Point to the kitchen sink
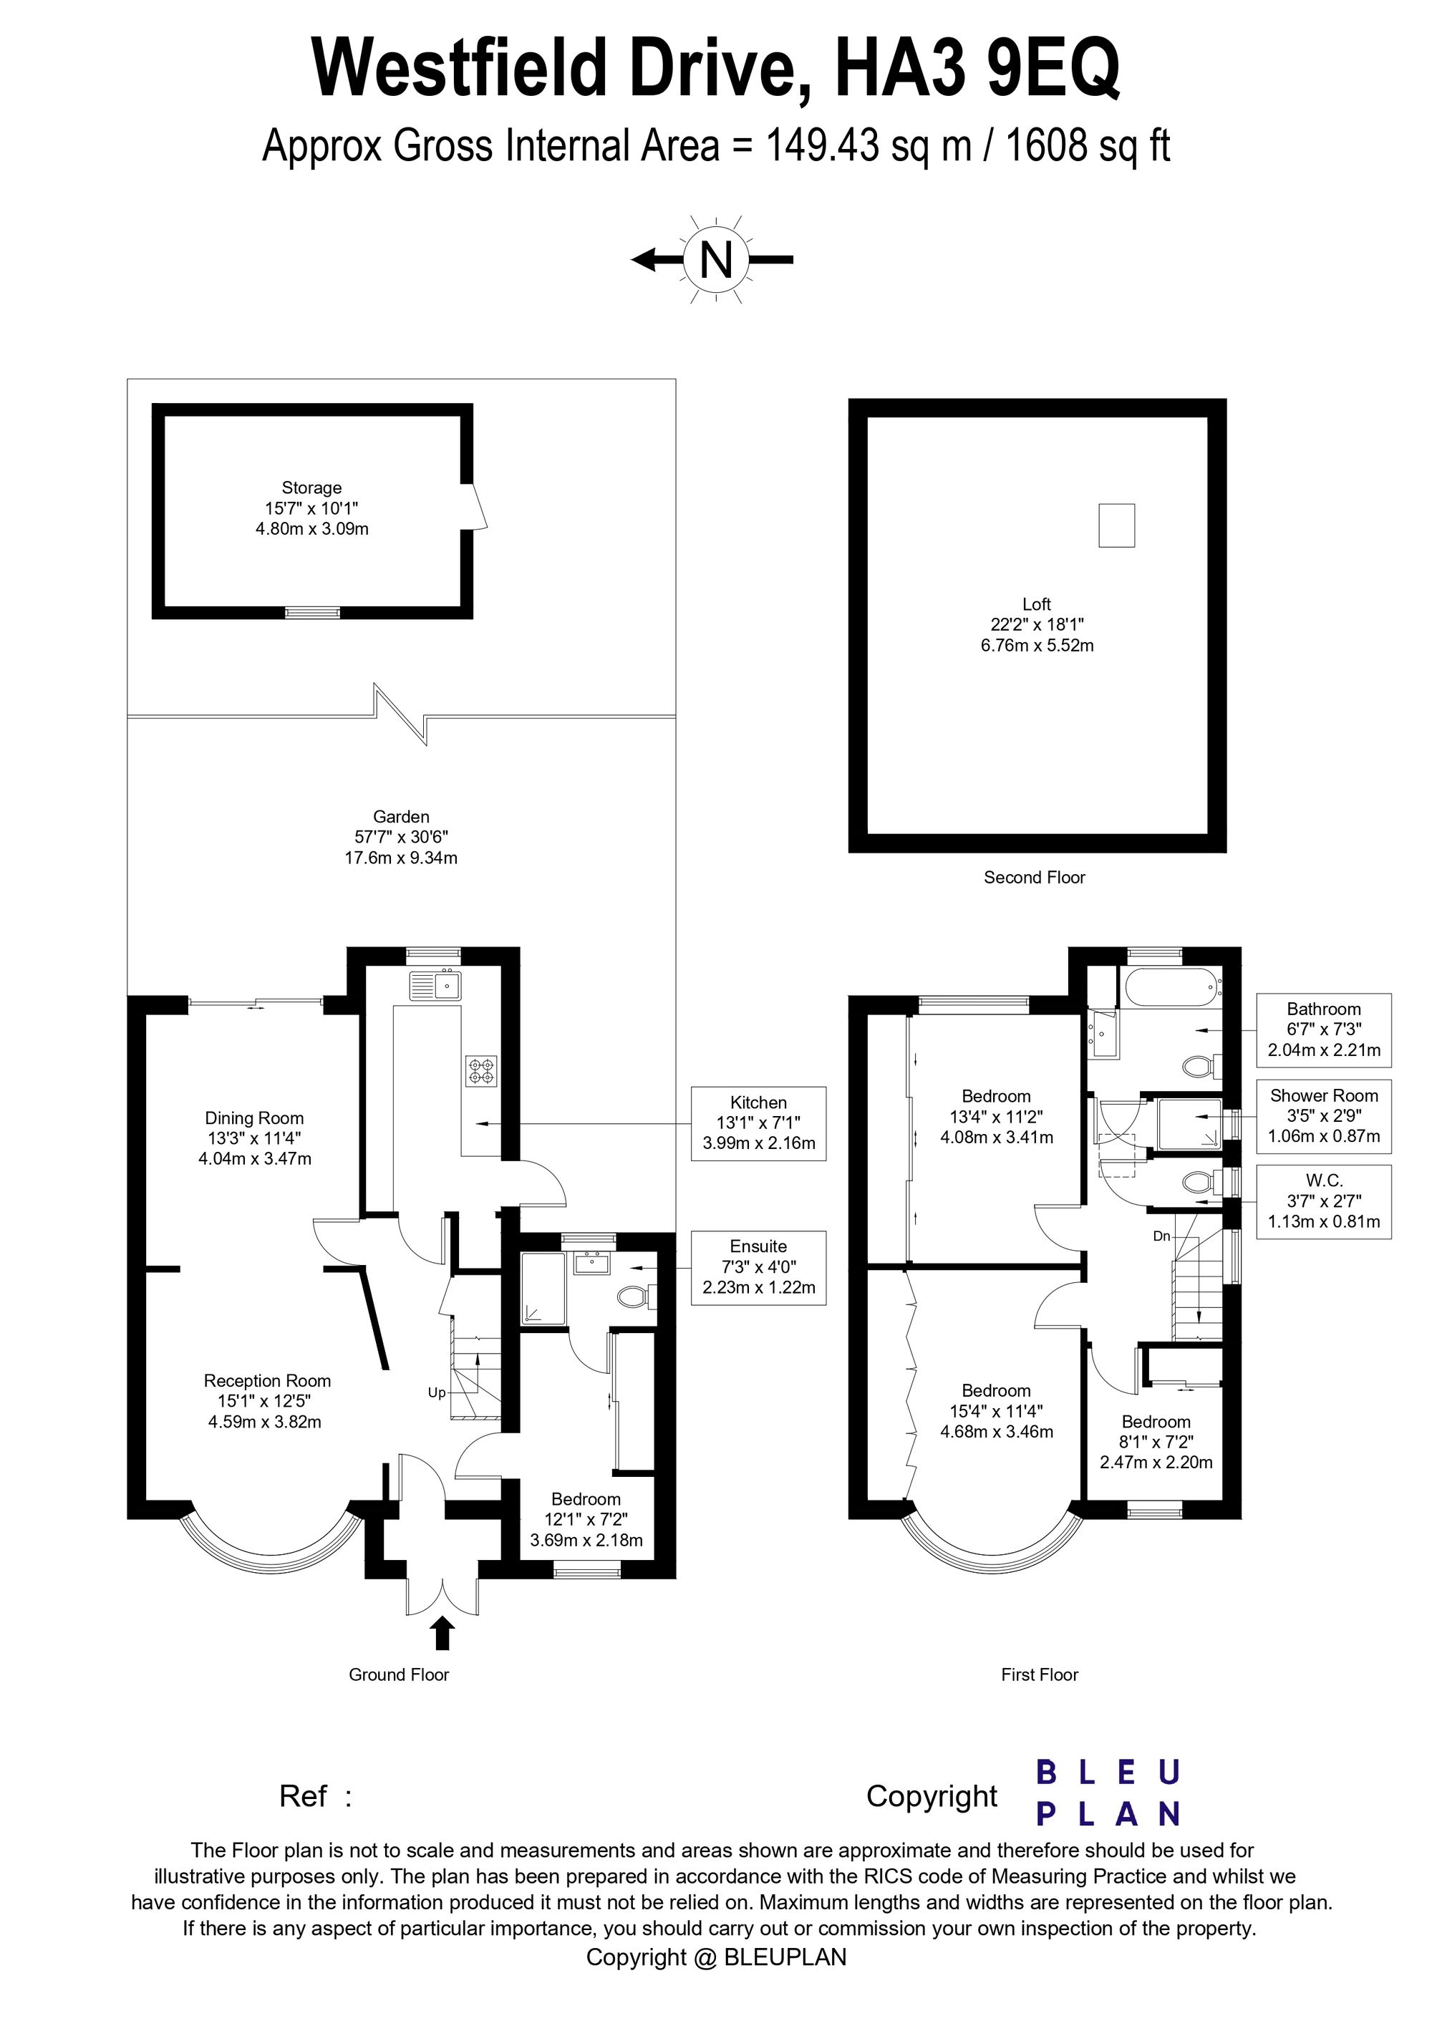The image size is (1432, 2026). [436, 985]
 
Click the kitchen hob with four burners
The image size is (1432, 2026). [482, 1070]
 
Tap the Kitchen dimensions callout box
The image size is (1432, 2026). [759, 1123]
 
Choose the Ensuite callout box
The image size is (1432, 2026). [759, 1267]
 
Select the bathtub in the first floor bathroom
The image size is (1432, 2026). [1171, 987]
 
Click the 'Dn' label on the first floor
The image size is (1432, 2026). [1161, 1236]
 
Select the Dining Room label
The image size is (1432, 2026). [254, 1118]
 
